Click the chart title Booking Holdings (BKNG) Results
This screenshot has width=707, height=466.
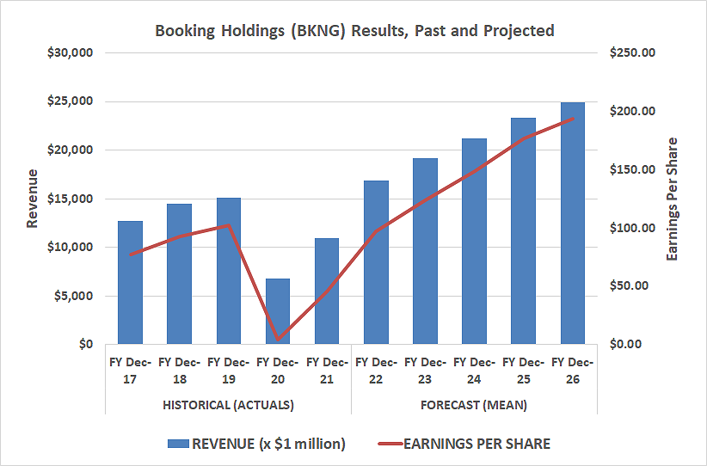click(354, 30)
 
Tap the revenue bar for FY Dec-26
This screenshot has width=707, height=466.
click(573, 224)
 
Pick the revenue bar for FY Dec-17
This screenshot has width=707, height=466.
click(130, 283)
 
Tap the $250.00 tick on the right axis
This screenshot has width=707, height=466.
click(632, 52)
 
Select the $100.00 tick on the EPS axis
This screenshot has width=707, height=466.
click(632, 228)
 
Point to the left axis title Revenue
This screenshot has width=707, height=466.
click(33, 199)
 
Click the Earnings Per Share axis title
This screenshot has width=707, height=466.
click(673, 199)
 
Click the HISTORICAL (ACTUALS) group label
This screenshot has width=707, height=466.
click(229, 404)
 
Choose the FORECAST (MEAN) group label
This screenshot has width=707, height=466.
click(474, 404)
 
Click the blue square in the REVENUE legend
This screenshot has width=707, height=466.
click(178, 444)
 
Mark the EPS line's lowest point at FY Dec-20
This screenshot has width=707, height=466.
click(278, 340)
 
